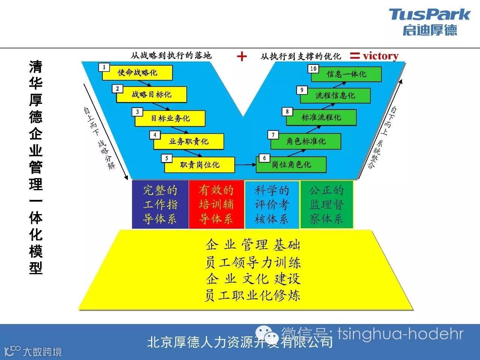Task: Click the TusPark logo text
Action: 429,15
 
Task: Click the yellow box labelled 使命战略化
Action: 137,72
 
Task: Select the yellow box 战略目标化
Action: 151,94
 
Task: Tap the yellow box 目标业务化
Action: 170,118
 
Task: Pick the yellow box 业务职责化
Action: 188,141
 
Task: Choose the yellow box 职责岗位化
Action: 199,165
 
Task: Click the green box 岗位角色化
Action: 291,165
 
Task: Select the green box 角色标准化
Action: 306,141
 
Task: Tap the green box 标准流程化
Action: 321,117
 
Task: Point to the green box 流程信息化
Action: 335,95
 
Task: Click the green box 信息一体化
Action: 346,74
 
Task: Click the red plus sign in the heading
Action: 242,56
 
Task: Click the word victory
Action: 380,56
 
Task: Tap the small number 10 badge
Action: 313,69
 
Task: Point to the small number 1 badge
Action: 104,67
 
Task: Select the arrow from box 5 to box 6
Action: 245,164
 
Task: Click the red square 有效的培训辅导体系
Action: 216,204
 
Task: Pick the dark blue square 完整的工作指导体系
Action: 160,204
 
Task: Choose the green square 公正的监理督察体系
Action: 326,204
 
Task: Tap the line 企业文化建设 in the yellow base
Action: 253,279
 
